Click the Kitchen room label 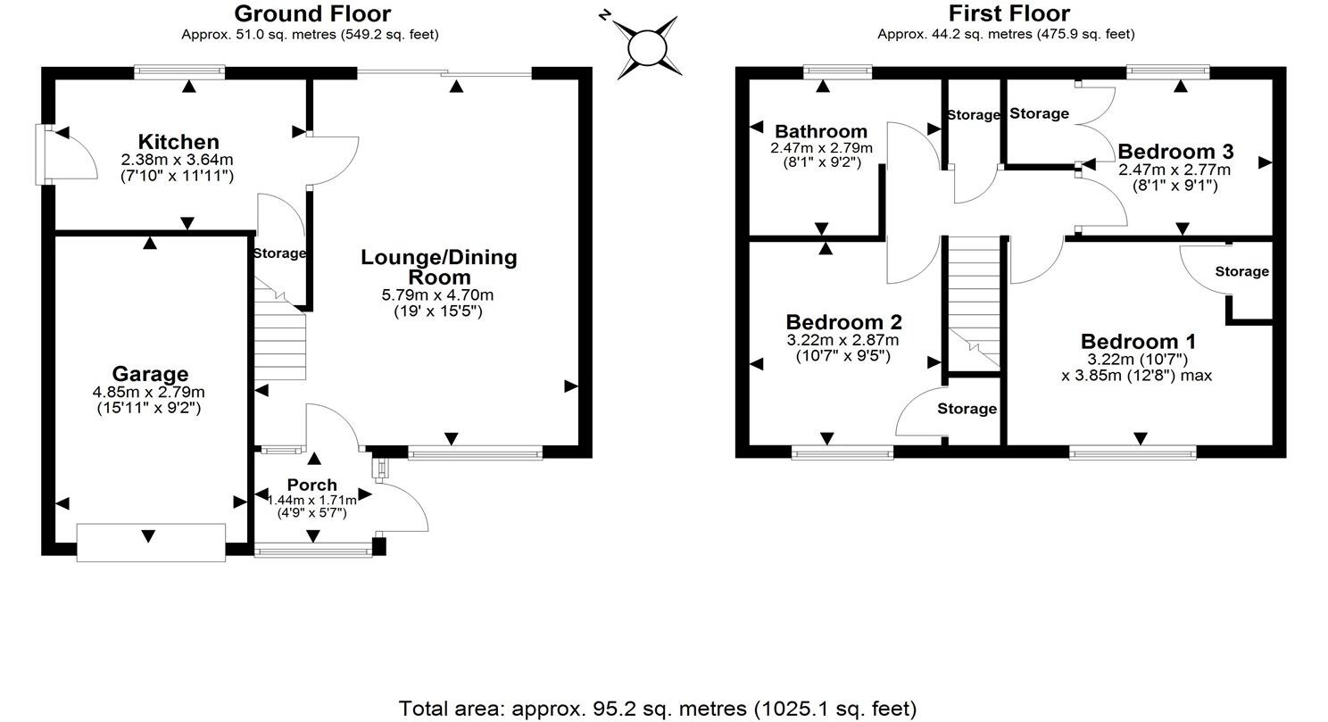pos(178,142)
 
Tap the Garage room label pos(150,374)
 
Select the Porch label pos(311,485)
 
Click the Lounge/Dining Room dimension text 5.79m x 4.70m pos(437,295)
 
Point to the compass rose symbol pos(648,46)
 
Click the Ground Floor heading pos(311,13)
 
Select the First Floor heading pos(1008,13)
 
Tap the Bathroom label pos(821,132)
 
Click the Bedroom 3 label pos(1175,151)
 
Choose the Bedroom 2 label pos(843,321)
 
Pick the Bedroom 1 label pos(1138,341)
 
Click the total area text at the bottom pos(657,709)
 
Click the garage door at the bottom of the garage pos(151,543)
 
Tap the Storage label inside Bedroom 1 pos(1241,271)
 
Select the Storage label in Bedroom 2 pos(967,409)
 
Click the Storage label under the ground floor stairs pos(279,253)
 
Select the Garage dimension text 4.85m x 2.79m pos(149,392)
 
